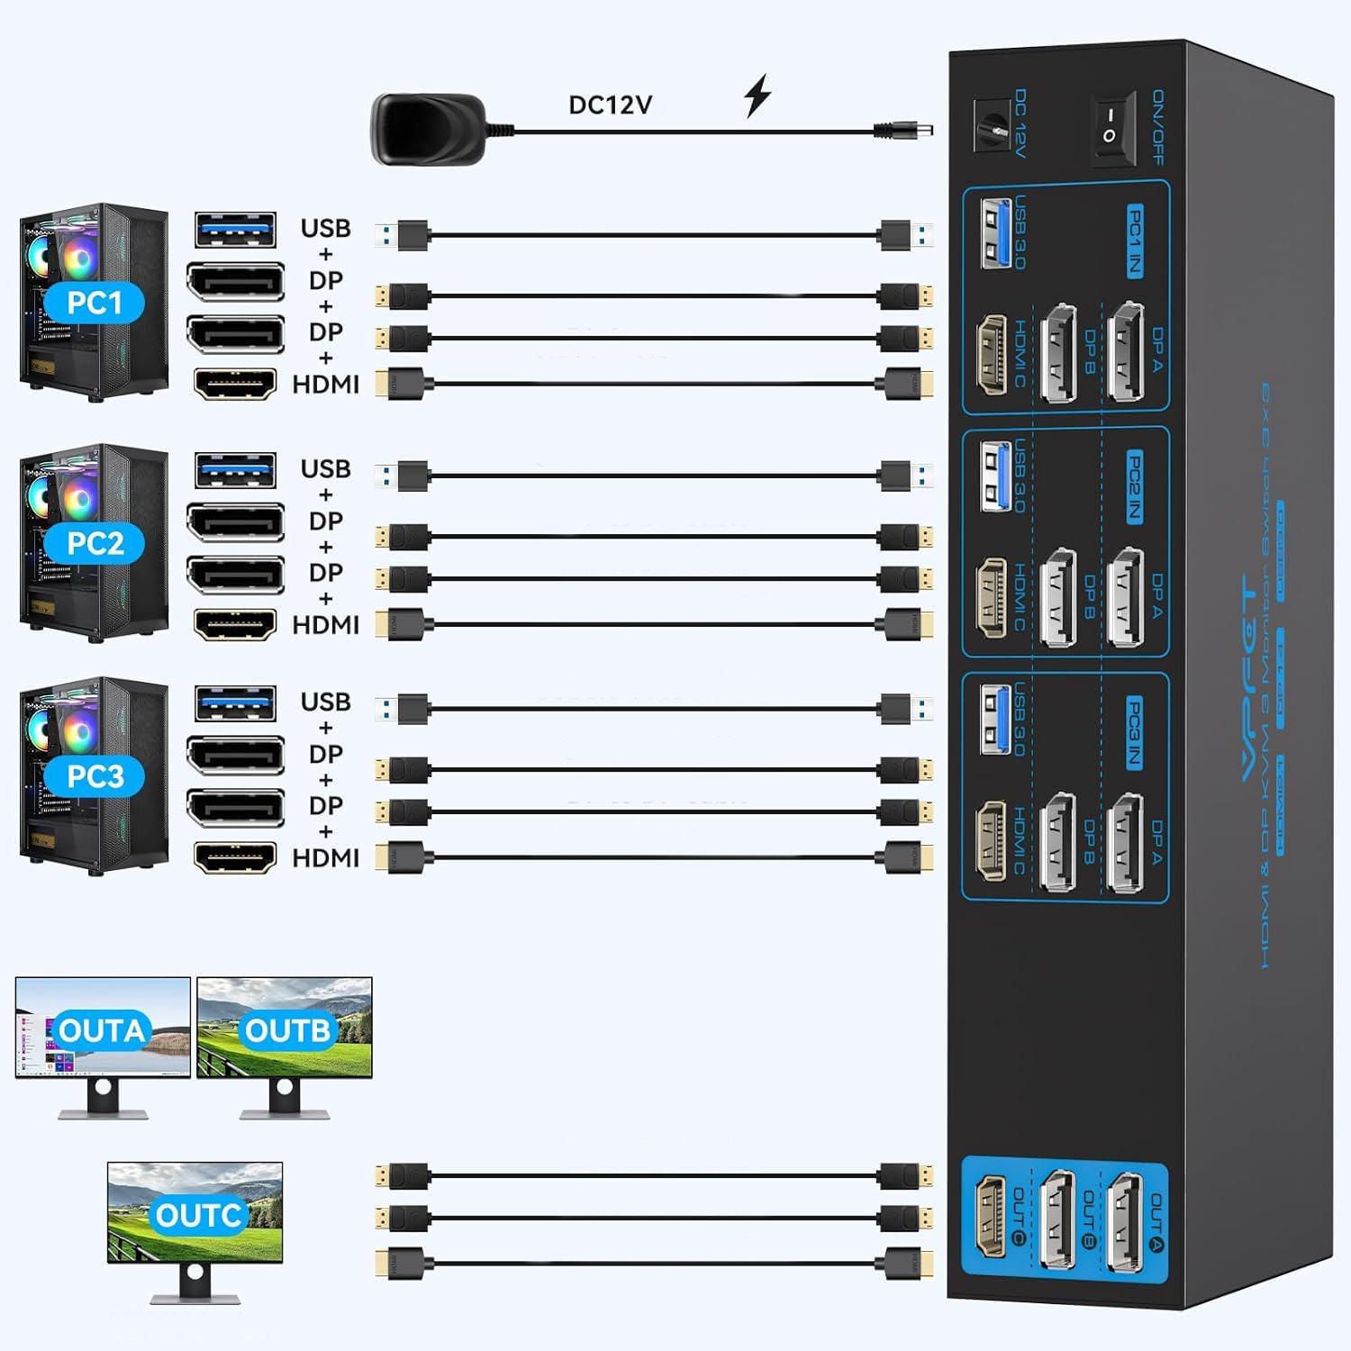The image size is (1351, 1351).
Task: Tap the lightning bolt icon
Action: point(757,96)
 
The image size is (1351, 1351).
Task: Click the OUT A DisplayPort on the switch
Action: point(1127,1222)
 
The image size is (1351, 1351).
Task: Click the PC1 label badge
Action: point(95,304)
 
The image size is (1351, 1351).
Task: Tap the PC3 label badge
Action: point(95,775)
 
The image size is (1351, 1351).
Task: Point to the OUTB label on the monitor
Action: point(287,1030)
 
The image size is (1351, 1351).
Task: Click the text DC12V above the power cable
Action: point(610,104)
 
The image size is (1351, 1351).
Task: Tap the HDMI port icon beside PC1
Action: point(235,385)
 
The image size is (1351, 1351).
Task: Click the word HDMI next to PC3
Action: point(325,858)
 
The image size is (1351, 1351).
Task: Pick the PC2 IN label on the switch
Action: point(1135,486)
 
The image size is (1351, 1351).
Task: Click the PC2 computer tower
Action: point(95,542)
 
